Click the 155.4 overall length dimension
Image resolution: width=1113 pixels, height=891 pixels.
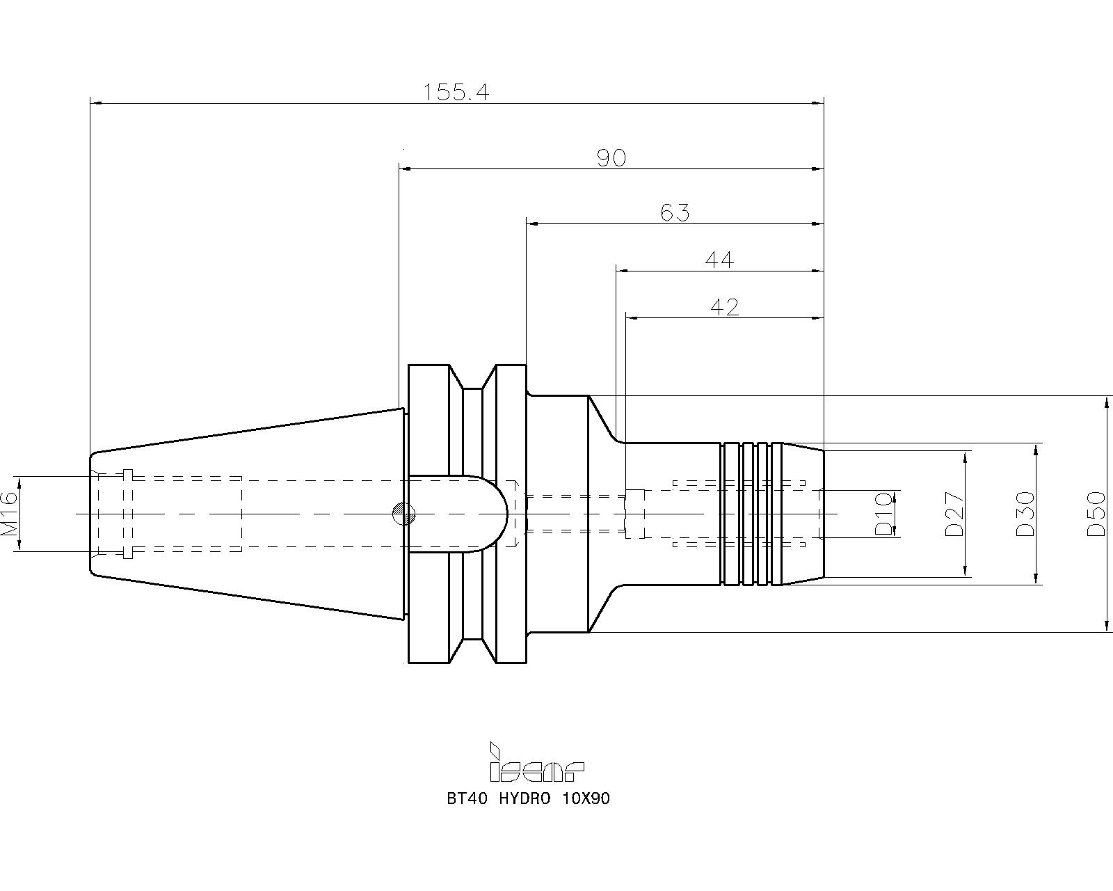coord(456,93)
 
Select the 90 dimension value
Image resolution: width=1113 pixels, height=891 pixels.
coord(611,158)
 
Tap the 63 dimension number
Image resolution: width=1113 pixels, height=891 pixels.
coord(675,213)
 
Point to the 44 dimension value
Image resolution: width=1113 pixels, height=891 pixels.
coord(719,260)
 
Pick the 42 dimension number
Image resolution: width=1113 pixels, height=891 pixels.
coord(725,308)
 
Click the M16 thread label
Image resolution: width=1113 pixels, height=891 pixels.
coord(9,514)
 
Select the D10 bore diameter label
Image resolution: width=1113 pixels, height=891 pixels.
coord(883,514)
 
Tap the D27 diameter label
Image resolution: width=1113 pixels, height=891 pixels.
coord(954,514)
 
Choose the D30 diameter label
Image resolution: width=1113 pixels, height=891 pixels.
coord(1025,514)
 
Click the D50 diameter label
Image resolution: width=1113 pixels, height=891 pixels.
coord(1096,514)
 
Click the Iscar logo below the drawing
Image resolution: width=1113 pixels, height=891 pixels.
coord(536,762)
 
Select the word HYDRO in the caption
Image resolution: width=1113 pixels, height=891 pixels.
coord(525,799)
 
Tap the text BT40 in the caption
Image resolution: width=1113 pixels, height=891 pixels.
coord(467,799)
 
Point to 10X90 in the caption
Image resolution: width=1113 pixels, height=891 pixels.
coord(586,799)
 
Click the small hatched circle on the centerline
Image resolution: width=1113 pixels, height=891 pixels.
coord(404,514)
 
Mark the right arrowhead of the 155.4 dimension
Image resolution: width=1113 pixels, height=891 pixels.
coord(817,103)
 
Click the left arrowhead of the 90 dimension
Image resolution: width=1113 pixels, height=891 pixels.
coord(406,168)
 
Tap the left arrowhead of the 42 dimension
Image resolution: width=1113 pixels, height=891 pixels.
coord(632,318)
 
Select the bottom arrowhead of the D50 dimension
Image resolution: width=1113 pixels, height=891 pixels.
coord(1107,625)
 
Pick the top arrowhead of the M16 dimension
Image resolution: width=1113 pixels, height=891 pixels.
coord(19,482)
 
